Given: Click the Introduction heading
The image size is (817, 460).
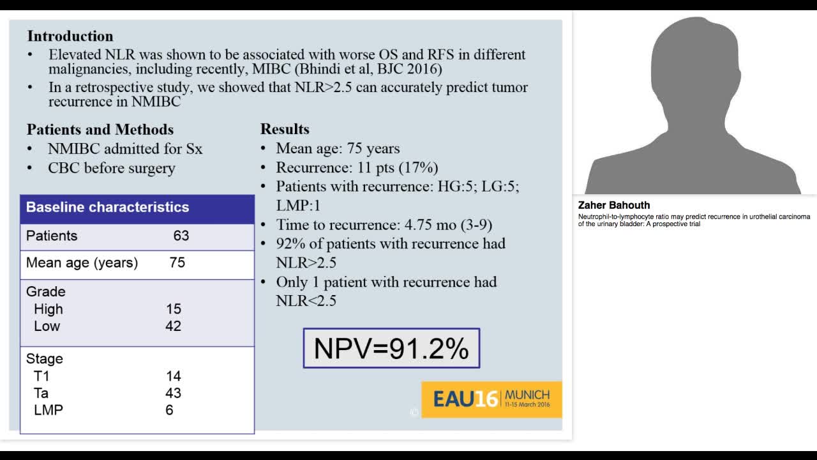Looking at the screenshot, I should pyautogui.click(x=70, y=36).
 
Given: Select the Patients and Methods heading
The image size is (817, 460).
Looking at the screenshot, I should pyautogui.click(x=100, y=130).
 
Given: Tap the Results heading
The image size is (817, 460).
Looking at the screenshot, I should pyautogui.click(x=285, y=129).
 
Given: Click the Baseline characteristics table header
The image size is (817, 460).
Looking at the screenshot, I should pyautogui.click(x=107, y=208).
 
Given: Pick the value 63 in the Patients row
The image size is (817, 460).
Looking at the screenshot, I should pyautogui.click(x=181, y=236).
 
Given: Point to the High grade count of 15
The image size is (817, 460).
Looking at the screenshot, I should pyautogui.click(x=174, y=309).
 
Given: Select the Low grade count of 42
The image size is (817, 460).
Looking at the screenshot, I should pyautogui.click(x=174, y=326).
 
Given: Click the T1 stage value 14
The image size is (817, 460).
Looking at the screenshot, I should pyautogui.click(x=173, y=376).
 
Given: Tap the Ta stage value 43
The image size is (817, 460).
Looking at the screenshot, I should pyautogui.click(x=173, y=393).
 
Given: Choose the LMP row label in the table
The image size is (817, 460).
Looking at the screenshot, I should pyautogui.click(x=49, y=410).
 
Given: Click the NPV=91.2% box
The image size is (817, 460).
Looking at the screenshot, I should pyautogui.click(x=391, y=349).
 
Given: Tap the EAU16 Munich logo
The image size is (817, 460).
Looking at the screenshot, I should pyautogui.click(x=491, y=399).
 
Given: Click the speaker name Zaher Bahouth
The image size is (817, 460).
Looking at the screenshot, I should pyautogui.click(x=614, y=205).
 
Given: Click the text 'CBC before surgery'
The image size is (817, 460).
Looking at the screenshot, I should pyautogui.click(x=112, y=169).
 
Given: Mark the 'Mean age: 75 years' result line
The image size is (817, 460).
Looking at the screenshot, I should pyautogui.click(x=338, y=149).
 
